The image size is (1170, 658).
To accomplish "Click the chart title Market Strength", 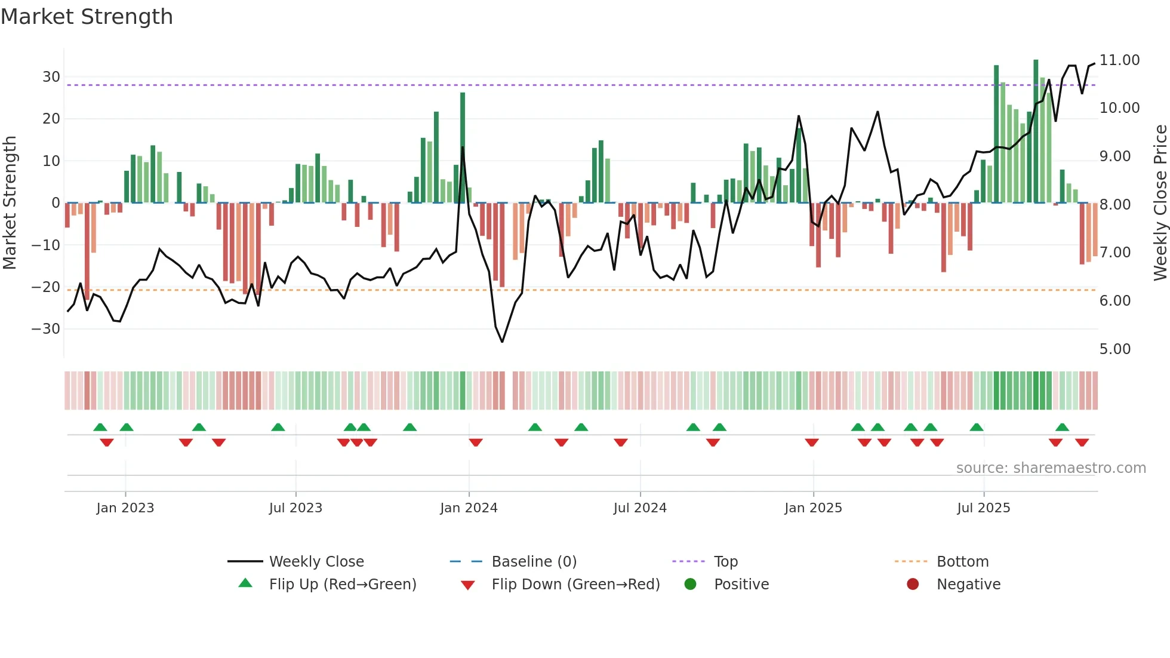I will tap(87, 17).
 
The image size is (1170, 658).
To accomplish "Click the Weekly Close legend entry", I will tap(316, 561).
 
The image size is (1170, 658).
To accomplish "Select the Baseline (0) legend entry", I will tap(534, 561).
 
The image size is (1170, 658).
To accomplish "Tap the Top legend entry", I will tap(725, 561).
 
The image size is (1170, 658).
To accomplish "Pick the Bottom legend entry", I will tap(962, 561).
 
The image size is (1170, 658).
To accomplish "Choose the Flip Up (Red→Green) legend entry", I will tap(342, 584).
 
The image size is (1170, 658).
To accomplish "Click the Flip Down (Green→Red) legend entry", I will tap(575, 584).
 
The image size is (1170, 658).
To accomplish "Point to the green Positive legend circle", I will tap(690, 584).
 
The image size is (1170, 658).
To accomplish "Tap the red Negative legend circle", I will tap(913, 584).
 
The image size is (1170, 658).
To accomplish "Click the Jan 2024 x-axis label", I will tap(469, 508).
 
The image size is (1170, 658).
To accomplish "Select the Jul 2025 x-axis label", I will tap(983, 508).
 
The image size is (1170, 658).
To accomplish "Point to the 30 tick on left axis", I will tap(51, 77).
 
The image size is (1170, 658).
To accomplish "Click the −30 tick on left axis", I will tap(46, 329).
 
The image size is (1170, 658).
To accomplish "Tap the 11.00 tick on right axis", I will tap(1119, 60).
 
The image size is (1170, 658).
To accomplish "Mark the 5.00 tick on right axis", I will tap(1115, 349).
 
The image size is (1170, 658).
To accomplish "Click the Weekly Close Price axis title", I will tap(1160, 203).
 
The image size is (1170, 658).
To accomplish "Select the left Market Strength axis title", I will tap(10, 203).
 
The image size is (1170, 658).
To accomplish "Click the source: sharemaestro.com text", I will tap(1051, 468).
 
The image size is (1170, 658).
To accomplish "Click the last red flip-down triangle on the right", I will tap(1082, 442).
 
